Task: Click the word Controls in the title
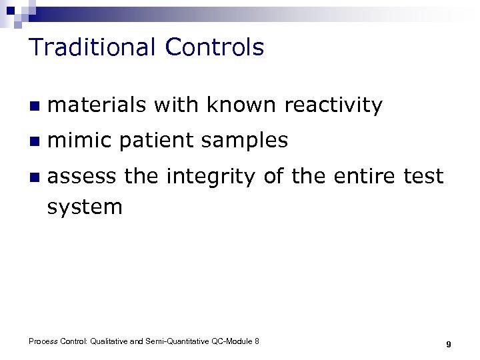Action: (215, 47)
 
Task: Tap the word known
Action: (241, 105)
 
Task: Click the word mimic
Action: (81, 141)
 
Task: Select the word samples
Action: (248, 141)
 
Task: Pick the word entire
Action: (363, 177)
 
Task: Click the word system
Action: (85, 207)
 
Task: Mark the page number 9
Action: (449, 344)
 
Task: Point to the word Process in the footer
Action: (43, 341)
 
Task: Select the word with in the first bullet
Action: (176, 105)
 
